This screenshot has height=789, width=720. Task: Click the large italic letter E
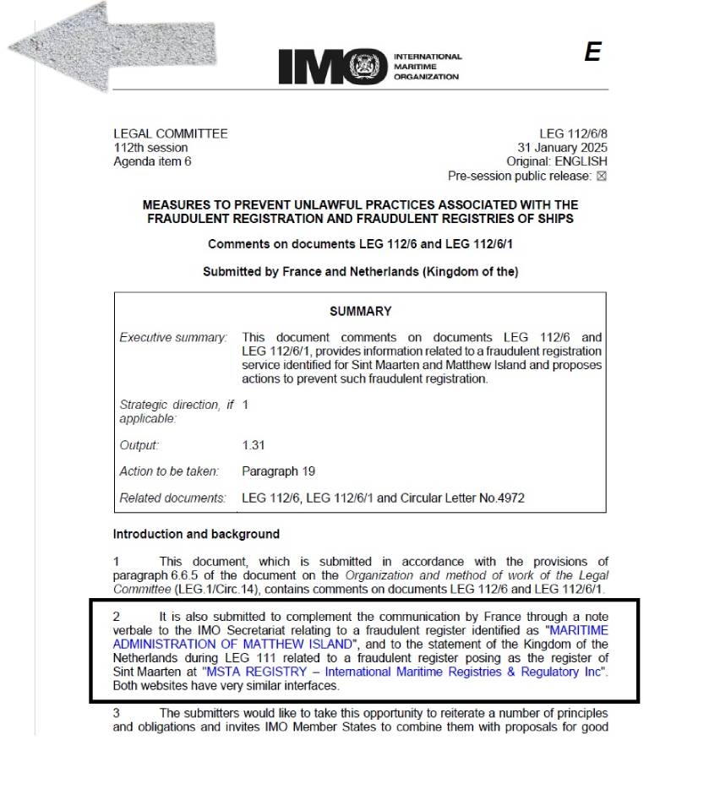coord(592,52)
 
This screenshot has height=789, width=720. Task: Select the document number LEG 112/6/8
coord(573,133)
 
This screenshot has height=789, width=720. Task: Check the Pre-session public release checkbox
coord(602,177)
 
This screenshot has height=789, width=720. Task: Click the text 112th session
coord(150,148)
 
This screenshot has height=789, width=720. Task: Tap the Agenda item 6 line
coord(152,161)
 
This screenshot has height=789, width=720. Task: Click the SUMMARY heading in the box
coord(360,311)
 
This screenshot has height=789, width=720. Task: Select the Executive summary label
coord(173,338)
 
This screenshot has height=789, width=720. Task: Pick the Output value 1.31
coord(254,445)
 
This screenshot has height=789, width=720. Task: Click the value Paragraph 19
coord(278,471)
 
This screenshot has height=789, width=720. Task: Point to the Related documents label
coord(172,498)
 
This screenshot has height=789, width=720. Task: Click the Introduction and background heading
coord(196,534)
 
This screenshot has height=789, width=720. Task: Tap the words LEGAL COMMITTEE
coord(170,133)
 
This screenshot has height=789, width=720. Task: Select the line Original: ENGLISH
coord(556,161)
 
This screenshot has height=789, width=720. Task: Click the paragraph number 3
coord(117,713)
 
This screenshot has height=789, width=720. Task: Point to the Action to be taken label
coord(169,471)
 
